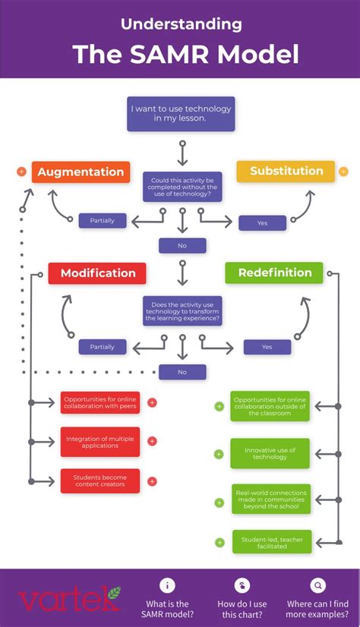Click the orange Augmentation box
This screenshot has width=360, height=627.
[x=81, y=172]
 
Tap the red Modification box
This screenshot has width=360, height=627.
[x=97, y=273]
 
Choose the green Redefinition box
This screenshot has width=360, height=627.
[x=274, y=273]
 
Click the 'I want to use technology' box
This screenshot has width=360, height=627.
[x=181, y=114]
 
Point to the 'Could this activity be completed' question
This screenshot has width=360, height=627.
[x=182, y=187]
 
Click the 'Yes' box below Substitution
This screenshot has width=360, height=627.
[x=262, y=223]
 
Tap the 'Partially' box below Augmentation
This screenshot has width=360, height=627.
[x=103, y=221]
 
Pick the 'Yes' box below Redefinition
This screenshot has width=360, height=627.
[x=267, y=347]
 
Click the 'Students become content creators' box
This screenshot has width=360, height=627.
[x=100, y=481]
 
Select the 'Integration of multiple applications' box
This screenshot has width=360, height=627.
[x=100, y=442]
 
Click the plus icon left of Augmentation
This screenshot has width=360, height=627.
[x=21, y=172]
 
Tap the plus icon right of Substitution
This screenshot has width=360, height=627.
[x=343, y=171]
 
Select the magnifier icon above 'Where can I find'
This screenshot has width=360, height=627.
[x=318, y=585]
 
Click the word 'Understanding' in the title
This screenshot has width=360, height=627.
[x=181, y=24]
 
